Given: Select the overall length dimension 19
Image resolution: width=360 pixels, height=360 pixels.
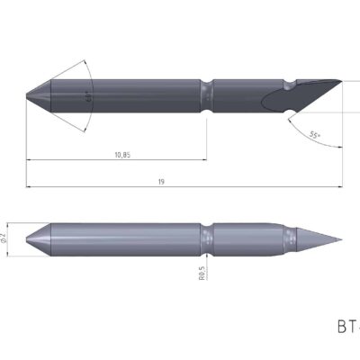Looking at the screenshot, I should (160, 182).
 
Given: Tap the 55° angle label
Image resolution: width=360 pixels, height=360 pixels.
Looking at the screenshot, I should (313, 135).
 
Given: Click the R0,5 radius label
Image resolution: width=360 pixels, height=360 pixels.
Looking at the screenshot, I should (202, 271).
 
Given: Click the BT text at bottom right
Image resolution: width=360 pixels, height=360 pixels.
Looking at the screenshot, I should (346, 326).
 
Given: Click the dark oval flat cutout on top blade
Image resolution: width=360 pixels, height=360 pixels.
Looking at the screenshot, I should (274, 97).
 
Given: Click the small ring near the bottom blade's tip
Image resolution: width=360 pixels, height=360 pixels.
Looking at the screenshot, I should (290, 239).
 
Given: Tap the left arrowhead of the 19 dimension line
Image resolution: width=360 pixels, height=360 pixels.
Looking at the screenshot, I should (30, 187).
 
